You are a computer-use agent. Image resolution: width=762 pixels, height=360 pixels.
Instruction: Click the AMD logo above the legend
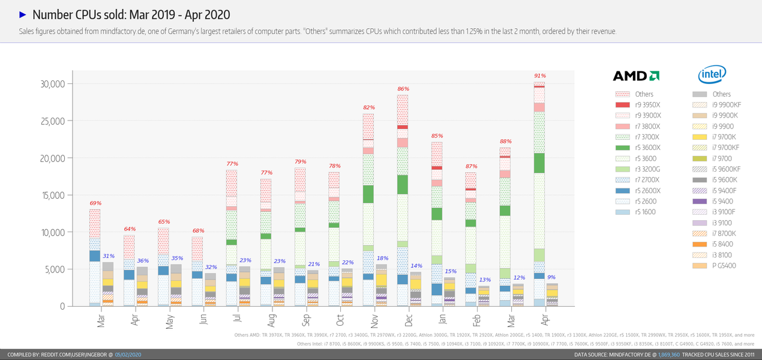point(636,76)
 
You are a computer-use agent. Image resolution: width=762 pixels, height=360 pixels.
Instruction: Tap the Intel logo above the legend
point(712,75)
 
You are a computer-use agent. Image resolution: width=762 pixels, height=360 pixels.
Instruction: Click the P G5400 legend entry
point(724,266)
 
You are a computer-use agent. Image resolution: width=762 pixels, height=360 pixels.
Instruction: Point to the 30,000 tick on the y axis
point(52,84)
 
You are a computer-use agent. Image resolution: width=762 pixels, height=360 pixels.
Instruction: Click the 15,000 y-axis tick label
point(52,195)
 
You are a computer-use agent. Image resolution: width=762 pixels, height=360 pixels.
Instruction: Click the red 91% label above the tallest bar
point(540,76)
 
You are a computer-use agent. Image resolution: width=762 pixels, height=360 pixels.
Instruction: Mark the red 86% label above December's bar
point(403,89)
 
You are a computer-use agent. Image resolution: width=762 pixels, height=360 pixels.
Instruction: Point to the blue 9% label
point(552,277)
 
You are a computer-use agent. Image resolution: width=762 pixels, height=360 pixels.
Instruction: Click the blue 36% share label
point(143,261)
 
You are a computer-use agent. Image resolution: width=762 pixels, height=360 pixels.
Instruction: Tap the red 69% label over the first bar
point(95,203)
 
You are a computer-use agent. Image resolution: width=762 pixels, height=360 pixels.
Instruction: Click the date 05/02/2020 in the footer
point(128,355)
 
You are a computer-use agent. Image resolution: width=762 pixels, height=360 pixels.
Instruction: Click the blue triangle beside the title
point(23,14)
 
